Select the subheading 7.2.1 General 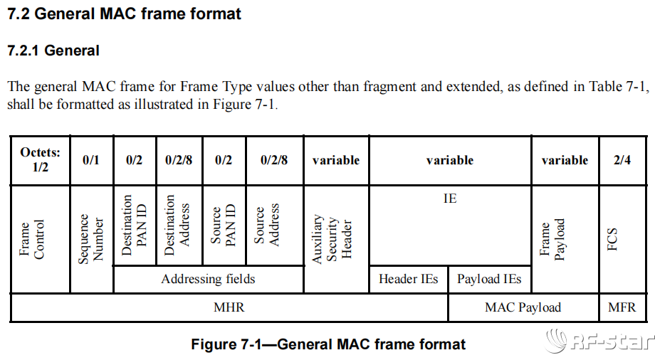tap(53, 51)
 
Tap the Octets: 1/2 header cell tap(40, 160)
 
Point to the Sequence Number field tap(91, 239)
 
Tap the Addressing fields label tap(208, 279)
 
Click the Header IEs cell tap(409, 279)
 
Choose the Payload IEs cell tap(489, 279)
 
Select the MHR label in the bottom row tap(229, 307)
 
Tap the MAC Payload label tap(523, 307)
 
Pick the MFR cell tap(622, 307)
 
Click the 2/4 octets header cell tap(622, 160)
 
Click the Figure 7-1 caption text tap(328, 344)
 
